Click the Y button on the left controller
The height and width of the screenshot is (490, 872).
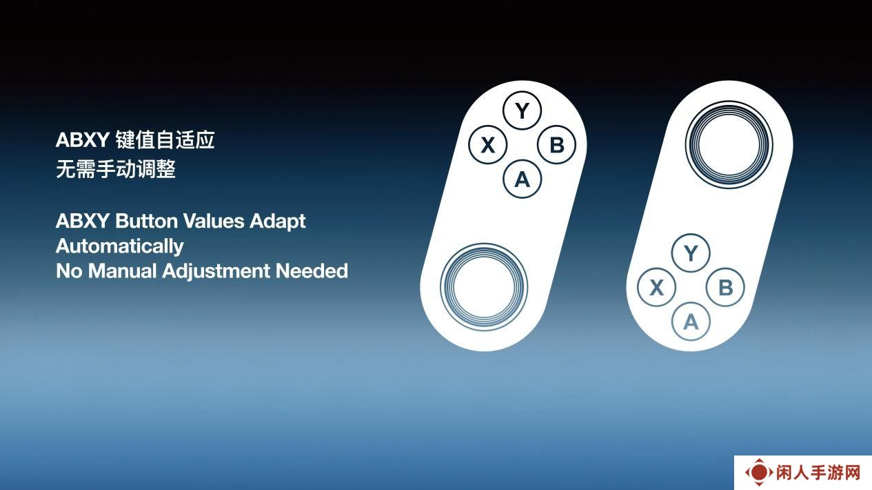522,110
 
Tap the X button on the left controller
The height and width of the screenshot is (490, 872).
488,145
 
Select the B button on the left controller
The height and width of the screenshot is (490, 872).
557,145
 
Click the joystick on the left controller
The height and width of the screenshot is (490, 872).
484,287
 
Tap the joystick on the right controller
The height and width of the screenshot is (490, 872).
729,145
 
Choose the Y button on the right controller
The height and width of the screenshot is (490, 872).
691,253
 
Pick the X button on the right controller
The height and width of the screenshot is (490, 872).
657,287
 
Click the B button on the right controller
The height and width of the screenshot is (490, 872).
725,287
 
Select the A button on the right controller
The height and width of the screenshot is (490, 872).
691,322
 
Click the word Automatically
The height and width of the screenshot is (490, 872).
120,247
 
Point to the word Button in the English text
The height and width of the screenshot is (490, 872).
147,221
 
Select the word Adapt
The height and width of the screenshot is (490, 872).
278,222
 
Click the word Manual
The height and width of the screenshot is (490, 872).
123,271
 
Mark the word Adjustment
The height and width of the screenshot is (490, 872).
216,272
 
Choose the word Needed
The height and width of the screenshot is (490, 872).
312,271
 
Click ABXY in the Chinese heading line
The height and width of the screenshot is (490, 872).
83,140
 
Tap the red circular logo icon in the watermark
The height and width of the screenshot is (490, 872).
759,472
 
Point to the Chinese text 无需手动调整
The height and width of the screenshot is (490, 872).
116,169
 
